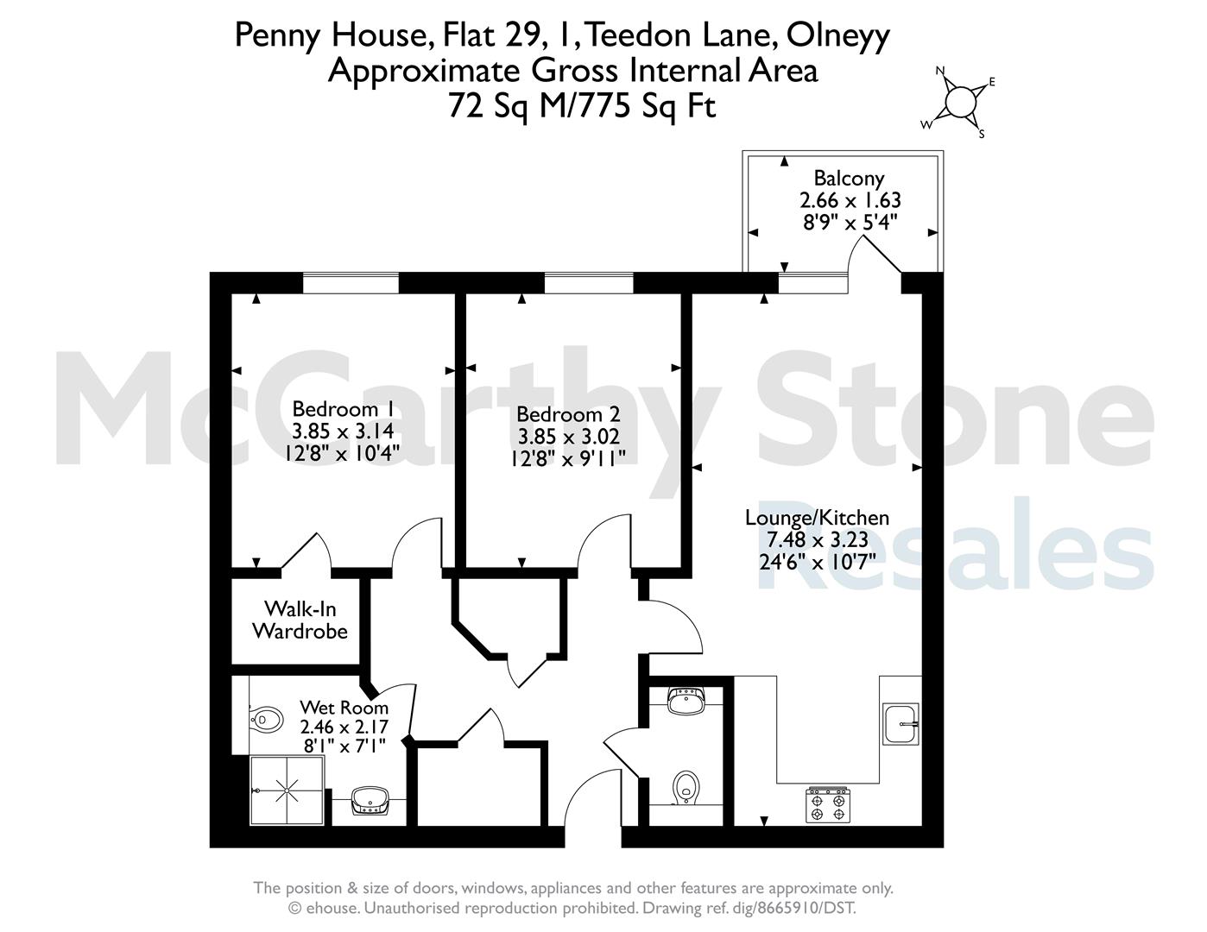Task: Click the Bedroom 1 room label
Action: click(x=344, y=409)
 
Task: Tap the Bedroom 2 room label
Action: click(x=568, y=414)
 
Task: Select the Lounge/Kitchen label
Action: click(x=817, y=518)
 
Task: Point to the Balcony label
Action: click(x=849, y=178)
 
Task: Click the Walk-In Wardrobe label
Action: click(x=300, y=620)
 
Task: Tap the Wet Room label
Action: click(x=344, y=707)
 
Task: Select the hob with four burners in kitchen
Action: click(x=828, y=804)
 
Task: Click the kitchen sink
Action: click(x=901, y=724)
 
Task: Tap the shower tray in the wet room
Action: click(x=287, y=790)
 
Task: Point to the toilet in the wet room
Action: click(x=265, y=720)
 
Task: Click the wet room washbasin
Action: click(x=370, y=800)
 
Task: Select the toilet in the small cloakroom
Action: click(x=686, y=787)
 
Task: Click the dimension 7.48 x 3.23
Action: click(x=817, y=539)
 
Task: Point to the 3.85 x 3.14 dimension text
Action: click(x=344, y=431)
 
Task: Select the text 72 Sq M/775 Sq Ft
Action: click(x=582, y=106)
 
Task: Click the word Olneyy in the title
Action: click(x=837, y=35)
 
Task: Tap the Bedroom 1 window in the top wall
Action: click(x=351, y=283)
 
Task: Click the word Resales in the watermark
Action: click(x=955, y=544)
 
